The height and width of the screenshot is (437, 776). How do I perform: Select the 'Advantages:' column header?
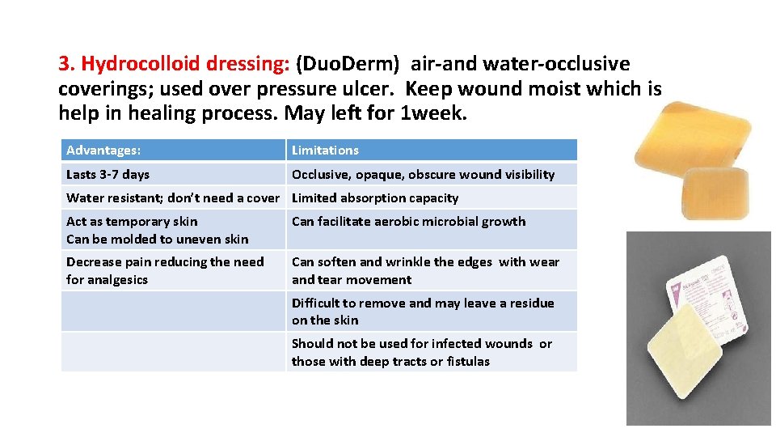(x=103, y=151)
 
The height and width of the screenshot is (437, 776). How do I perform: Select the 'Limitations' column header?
(x=325, y=151)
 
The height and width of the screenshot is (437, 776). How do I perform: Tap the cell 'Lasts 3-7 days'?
(x=108, y=174)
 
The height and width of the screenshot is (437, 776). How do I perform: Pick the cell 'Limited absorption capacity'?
(x=375, y=197)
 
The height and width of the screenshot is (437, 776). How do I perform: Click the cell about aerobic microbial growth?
(x=408, y=222)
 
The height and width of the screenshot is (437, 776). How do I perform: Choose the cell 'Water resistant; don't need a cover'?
(x=172, y=197)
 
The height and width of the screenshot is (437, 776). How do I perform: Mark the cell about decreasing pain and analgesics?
(x=165, y=270)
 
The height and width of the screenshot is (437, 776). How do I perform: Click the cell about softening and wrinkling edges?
(x=425, y=270)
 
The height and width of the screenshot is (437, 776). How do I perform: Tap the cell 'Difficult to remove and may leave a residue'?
(x=423, y=311)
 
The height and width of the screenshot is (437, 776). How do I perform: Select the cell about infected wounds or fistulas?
(x=421, y=352)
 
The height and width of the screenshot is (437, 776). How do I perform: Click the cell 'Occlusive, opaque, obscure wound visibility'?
(x=423, y=174)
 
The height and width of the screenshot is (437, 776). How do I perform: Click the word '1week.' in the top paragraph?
(x=433, y=113)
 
